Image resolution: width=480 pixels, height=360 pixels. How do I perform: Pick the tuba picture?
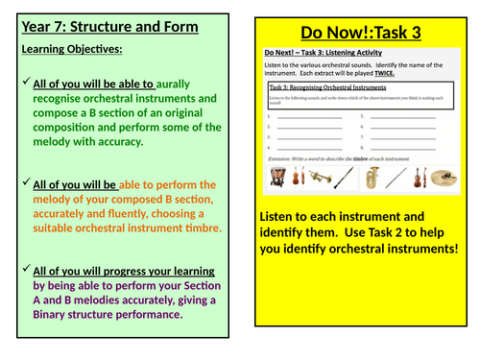pyautogui.click(x=372, y=177)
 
